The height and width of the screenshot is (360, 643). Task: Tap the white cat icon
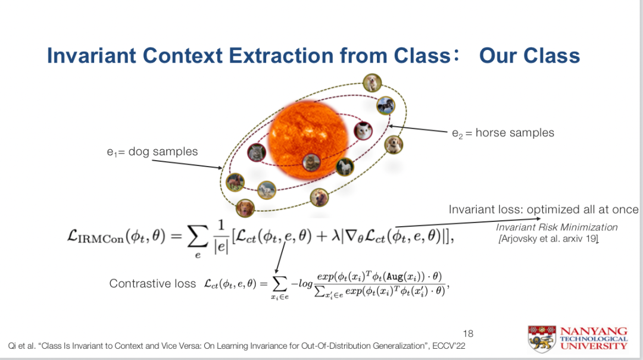click(x=363, y=132)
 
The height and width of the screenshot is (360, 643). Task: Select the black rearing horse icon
click(x=385, y=105)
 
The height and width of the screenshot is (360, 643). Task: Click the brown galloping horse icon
click(x=235, y=182)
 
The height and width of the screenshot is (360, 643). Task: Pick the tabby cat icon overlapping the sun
click(x=311, y=162)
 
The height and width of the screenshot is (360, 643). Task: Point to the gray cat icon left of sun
click(x=257, y=152)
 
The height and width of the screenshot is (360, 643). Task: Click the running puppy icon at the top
click(x=372, y=83)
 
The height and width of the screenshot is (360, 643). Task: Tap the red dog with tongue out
click(x=245, y=208)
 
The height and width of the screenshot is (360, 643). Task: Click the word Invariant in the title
click(x=92, y=55)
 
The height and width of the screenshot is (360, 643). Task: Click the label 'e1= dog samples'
click(x=152, y=152)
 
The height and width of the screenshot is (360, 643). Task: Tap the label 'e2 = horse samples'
click(x=502, y=133)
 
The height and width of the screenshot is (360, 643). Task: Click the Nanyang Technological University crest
click(x=542, y=339)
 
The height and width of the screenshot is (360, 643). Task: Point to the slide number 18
click(x=468, y=333)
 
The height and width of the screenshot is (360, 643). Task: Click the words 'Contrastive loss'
click(x=152, y=283)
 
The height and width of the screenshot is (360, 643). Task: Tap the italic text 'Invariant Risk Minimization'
click(x=557, y=227)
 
